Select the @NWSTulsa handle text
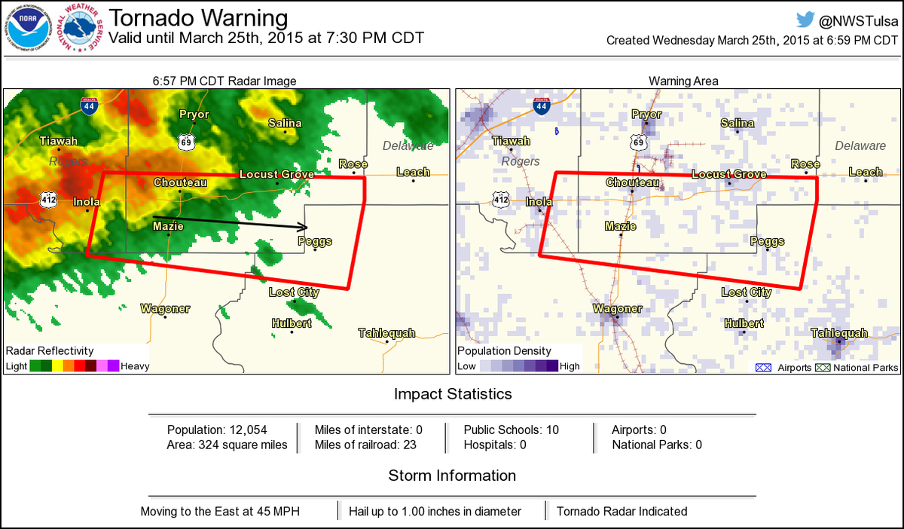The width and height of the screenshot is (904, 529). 860,21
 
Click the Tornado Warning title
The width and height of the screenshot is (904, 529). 198,18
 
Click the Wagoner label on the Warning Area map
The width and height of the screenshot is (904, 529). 616,309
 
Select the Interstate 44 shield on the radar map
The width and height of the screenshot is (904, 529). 89,106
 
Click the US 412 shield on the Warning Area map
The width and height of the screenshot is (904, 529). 501,199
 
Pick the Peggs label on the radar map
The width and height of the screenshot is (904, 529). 315,241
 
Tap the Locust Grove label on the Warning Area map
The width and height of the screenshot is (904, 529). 728,175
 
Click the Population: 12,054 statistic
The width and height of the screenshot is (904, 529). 217,430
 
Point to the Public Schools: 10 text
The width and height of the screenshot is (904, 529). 511,430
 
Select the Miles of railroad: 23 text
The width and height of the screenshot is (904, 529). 365,445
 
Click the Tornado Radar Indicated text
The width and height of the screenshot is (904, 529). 621,511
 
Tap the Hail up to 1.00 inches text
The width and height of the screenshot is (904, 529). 435,511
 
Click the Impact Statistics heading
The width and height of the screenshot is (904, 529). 453,394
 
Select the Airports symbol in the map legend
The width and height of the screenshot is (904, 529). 761,368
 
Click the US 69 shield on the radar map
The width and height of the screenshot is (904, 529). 185,141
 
